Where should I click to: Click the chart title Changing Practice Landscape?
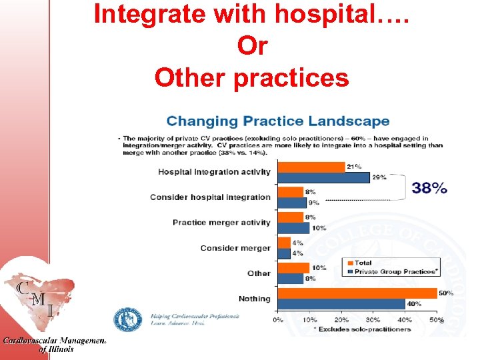coord(278,121)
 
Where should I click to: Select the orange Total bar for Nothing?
coord(357,293)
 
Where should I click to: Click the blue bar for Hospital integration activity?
coord(323,178)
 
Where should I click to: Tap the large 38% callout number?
coord(429,188)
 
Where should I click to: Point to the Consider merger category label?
coord(235,248)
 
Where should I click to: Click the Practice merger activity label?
coord(221,223)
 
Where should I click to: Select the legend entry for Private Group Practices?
coord(395,272)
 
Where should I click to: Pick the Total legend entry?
coord(363,263)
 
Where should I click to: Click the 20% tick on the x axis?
coord(341,320)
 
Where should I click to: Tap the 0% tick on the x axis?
coord(277,320)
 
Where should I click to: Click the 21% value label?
coord(353,166)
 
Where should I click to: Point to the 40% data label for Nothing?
coord(414,304)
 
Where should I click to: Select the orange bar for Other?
coord(293,268)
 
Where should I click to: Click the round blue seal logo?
coord(127,319)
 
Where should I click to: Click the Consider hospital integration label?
coord(210,197)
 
